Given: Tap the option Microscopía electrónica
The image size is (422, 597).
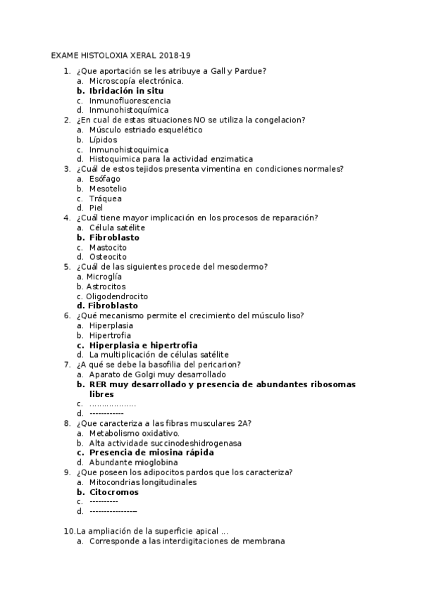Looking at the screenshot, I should [x=136, y=81].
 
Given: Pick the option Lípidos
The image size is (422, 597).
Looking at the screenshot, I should [x=104, y=139].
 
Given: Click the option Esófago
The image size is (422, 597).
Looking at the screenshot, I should [x=105, y=179].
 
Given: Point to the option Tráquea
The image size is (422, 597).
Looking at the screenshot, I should [x=106, y=199].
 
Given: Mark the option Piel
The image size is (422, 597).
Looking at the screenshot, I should [x=97, y=208].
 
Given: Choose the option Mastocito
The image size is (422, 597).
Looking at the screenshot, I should [x=108, y=247].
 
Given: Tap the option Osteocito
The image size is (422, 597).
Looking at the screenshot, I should [x=108, y=257].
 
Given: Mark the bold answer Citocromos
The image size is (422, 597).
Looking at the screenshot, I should [x=113, y=492].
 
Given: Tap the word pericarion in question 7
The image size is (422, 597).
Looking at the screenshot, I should [x=218, y=365].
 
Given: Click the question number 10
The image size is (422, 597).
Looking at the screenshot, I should [x=69, y=531].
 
